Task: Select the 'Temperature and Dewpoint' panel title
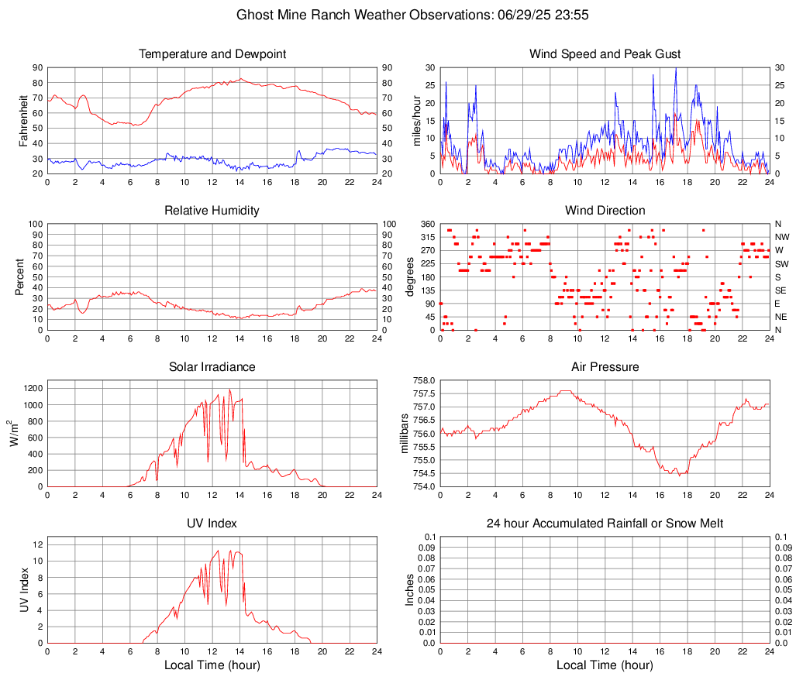[x=212, y=54]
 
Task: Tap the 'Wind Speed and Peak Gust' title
[x=605, y=54]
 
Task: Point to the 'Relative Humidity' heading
[x=212, y=211]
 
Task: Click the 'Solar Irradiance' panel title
[x=212, y=367]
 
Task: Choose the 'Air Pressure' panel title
[x=605, y=367]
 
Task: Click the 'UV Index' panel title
[x=212, y=524]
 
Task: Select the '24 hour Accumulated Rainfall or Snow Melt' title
[x=605, y=524]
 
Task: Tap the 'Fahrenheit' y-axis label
[x=23, y=121]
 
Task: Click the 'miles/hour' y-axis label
[x=416, y=121]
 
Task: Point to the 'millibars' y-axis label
[x=404, y=434]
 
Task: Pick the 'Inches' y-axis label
[x=410, y=590]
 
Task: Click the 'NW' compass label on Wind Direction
[x=781, y=237]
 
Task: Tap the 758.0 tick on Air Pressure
[x=422, y=380]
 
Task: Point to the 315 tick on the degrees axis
[x=426, y=237]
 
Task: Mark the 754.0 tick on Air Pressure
[x=422, y=487]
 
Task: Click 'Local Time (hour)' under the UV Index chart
[x=212, y=665]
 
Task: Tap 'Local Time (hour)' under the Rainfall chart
[x=605, y=665]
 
